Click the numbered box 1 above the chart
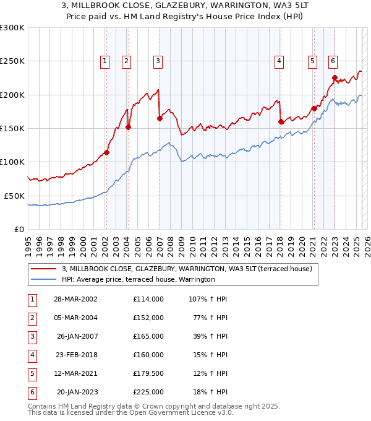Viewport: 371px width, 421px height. click(105, 61)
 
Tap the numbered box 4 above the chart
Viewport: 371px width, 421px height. click(279, 61)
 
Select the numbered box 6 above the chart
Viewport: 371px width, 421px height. click(333, 61)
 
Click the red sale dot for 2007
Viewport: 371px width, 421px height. click(160, 118)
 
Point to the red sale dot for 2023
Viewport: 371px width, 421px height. click(335, 78)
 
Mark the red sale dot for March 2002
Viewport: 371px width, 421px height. click(106, 152)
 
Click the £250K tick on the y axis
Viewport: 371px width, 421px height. click(12, 61)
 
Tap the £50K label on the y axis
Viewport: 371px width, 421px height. click(14, 196)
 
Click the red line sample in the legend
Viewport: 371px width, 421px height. click(43, 269)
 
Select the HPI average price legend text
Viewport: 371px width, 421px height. click(138, 279)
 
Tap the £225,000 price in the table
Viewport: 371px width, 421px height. click(148, 392)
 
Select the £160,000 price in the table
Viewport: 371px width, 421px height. click(148, 355)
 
